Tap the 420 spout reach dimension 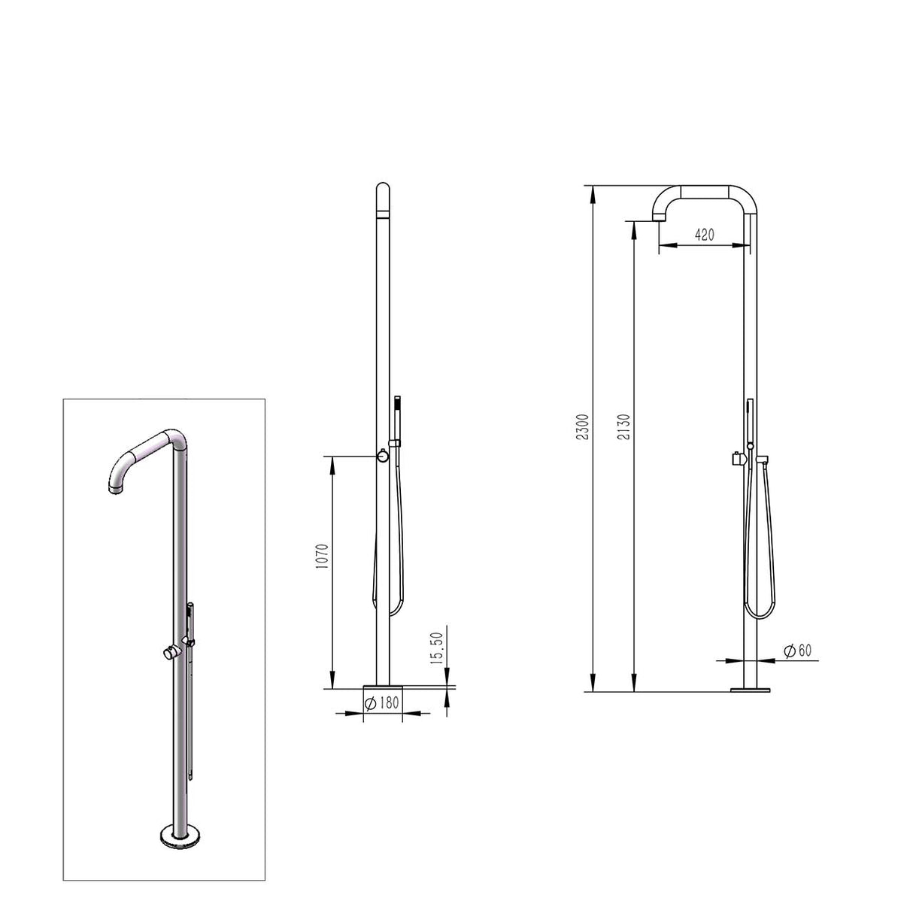click(x=704, y=235)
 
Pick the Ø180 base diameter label click(x=381, y=705)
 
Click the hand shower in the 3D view click(x=190, y=624)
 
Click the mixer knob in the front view click(x=383, y=456)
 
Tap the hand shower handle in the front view click(x=397, y=417)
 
